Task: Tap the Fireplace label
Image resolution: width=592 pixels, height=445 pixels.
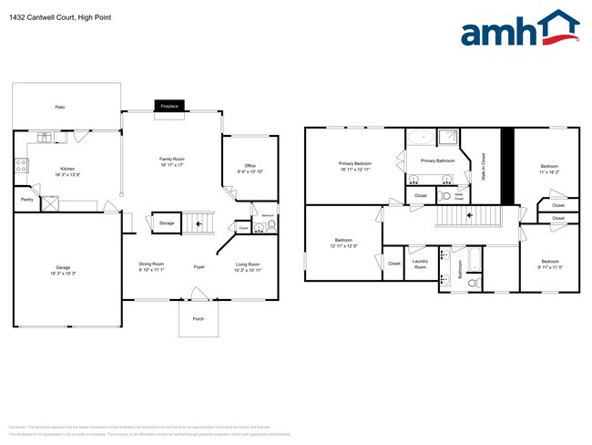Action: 169,106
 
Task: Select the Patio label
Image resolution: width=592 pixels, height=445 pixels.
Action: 60,108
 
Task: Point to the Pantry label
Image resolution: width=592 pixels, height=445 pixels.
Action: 27,199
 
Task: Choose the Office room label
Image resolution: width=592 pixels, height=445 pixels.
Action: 250,168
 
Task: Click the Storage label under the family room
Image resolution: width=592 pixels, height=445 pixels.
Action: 167,222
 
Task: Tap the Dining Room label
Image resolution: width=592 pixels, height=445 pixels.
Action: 151,266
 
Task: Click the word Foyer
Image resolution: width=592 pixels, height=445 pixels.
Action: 199,266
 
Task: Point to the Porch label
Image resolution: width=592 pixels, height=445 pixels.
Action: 198,319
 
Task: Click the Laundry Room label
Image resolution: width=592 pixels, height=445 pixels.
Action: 420,264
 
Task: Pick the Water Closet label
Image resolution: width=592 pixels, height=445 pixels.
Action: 460,195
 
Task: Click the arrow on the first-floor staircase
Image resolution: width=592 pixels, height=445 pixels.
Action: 199,222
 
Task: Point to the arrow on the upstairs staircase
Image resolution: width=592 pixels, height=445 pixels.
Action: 470,216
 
